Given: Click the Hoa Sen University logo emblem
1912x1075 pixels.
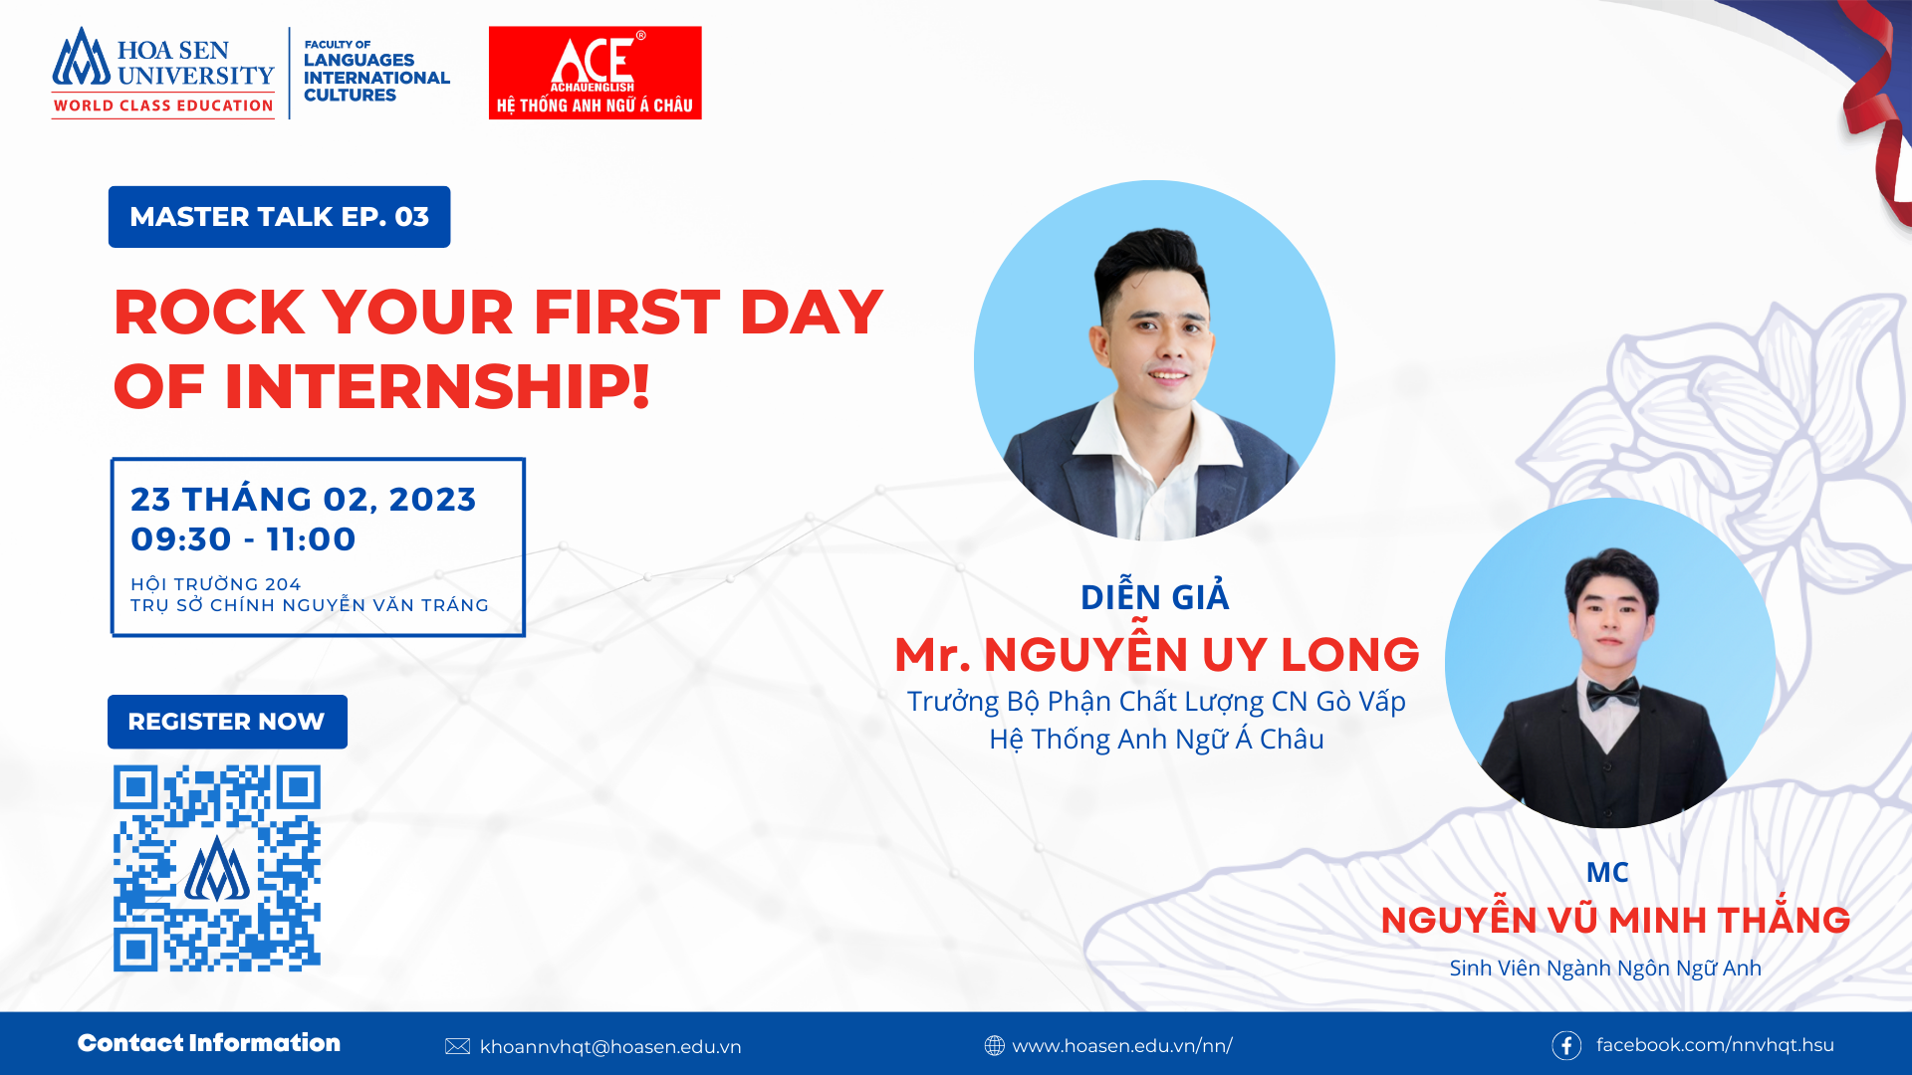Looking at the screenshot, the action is point(82,58).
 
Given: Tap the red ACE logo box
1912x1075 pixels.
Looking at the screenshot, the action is point(595,73).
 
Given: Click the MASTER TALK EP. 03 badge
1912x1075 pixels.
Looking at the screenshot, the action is point(279,217).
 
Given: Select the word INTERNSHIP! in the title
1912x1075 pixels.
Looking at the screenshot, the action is point(437,386).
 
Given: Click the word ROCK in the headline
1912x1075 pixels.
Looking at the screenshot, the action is point(209,313).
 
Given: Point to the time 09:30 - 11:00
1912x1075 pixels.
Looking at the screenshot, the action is point(243,539).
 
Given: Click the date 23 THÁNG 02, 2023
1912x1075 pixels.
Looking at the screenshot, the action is point(304,499).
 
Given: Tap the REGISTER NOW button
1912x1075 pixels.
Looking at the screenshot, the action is point(227,722).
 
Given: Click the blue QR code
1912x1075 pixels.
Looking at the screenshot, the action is point(217,868).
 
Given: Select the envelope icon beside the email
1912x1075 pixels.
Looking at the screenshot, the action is point(457,1046).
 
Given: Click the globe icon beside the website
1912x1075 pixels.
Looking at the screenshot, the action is point(994,1045).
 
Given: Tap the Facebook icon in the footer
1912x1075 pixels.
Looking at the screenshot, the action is point(1566,1045).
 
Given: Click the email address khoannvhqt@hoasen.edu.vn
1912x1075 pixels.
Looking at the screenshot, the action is point(610,1047).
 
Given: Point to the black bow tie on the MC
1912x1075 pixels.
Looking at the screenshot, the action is point(1613,693).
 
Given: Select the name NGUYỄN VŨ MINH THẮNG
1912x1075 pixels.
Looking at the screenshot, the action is point(1615,918).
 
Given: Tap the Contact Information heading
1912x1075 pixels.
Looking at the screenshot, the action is point(209,1043).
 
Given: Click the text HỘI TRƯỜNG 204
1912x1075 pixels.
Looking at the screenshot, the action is point(215,584).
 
